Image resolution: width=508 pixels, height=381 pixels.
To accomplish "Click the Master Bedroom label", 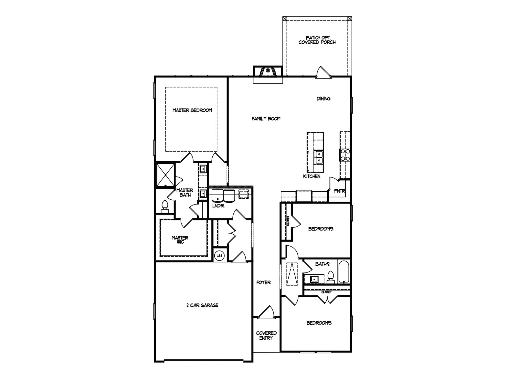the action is pos(192,110).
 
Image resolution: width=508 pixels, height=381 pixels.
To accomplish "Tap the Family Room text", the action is pos(266,118).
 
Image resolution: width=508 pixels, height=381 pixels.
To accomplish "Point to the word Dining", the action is pos(323,99).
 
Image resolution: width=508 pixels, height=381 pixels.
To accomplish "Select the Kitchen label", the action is pos(312,176).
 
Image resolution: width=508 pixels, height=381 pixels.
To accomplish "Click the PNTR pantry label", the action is pos(340,191).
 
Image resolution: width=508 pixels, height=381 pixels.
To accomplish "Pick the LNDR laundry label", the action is pos(218,206).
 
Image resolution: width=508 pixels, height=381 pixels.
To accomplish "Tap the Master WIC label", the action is pos(180,240).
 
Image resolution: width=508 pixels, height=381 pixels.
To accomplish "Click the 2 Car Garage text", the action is pos(202,305).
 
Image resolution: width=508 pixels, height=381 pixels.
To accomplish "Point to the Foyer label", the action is pos(263,282).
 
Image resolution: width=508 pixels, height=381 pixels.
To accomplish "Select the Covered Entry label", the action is pos(266,336).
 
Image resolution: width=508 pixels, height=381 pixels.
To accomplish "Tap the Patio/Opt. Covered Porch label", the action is pos(317,40).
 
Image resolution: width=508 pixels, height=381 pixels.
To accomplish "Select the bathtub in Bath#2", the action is pos(344,271).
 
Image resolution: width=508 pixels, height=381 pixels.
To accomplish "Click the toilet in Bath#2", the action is pos(330,277).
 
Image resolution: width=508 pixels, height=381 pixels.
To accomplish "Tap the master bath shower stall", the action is pos(165,175).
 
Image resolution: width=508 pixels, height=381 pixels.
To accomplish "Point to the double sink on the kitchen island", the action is pos(318,157).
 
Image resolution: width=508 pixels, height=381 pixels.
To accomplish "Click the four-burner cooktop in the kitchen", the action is pos(345,155).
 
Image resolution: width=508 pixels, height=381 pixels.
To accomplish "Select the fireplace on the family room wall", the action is pos(268,72).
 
